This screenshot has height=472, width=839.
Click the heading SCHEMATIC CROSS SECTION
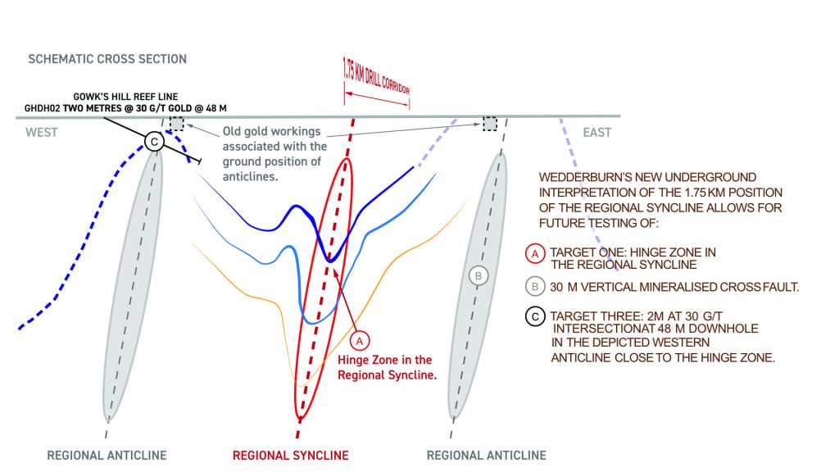click(107, 59)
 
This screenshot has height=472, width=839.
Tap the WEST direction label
click(42, 132)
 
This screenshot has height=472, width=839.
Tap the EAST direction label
click(596, 132)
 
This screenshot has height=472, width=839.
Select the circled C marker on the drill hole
click(154, 142)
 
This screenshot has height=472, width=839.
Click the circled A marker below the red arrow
click(360, 341)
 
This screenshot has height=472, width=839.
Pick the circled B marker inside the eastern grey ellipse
click(478, 276)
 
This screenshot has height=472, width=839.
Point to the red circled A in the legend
click(535, 254)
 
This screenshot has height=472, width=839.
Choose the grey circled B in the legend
click(535, 286)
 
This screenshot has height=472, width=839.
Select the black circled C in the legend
click(535, 316)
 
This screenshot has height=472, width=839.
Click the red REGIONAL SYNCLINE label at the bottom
click(291, 456)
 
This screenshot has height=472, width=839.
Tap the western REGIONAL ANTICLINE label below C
click(107, 456)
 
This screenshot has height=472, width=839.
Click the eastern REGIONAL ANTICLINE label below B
click(487, 456)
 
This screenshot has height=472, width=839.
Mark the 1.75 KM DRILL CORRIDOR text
click(376, 77)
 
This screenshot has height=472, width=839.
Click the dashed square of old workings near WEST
click(177, 124)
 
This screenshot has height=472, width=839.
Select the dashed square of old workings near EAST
click(490, 124)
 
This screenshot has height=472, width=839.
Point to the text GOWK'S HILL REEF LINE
click(125, 97)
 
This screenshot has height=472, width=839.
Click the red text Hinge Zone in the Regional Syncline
click(387, 367)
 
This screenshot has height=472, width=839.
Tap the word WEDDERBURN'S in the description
click(580, 177)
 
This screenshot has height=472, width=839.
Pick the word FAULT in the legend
click(780, 287)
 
